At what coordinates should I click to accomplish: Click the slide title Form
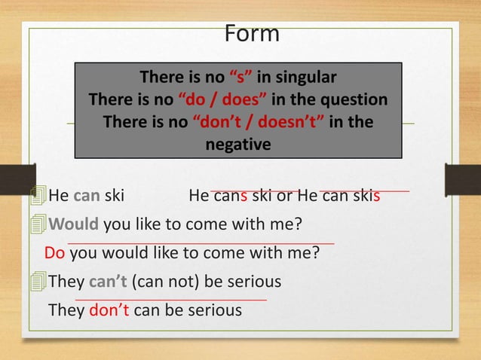click(252, 33)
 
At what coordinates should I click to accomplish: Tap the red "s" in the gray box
click(241, 78)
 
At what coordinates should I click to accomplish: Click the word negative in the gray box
click(238, 144)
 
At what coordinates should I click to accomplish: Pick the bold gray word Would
click(74, 225)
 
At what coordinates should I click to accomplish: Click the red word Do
click(54, 253)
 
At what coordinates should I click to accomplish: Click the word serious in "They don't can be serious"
click(215, 310)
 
